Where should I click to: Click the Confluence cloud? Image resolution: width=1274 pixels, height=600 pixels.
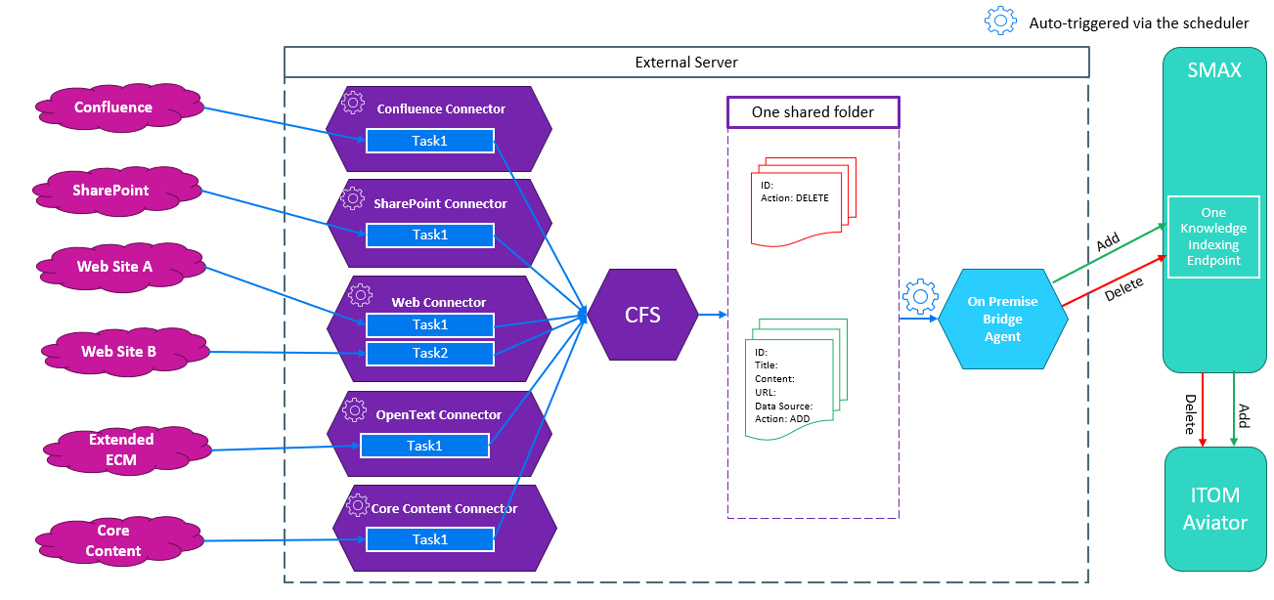pyautogui.click(x=113, y=107)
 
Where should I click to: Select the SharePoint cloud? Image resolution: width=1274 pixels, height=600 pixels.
pyautogui.click(x=110, y=191)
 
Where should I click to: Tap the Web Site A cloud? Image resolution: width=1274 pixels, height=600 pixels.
pyautogui.click(x=114, y=267)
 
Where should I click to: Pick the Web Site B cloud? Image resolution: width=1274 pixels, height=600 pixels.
pyautogui.click(x=118, y=351)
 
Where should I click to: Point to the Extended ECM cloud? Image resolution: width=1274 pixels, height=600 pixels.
pyautogui.click(x=121, y=450)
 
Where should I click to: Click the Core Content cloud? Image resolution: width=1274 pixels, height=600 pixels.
pyautogui.click(x=112, y=540)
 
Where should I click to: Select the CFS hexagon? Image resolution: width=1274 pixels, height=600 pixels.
pyautogui.click(x=642, y=316)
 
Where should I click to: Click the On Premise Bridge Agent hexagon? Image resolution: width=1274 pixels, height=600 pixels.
pyautogui.click(x=1002, y=319)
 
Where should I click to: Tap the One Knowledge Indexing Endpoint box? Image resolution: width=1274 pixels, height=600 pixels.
pyautogui.click(x=1213, y=236)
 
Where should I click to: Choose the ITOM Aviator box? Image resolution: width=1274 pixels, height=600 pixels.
pyautogui.click(x=1215, y=509)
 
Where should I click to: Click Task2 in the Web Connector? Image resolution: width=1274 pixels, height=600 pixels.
pyautogui.click(x=429, y=353)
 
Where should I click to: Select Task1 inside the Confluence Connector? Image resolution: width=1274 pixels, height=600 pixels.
pyautogui.click(x=429, y=141)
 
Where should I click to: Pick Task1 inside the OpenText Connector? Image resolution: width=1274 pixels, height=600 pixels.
pyautogui.click(x=424, y=446)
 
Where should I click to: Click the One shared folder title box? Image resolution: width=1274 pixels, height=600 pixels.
pyautogui.click(x=813, y=112)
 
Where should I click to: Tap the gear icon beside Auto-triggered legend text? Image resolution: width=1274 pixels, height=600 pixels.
pyautogui.click(x=999, y=21)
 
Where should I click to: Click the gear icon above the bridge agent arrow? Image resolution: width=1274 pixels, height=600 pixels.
pyautogui.click(x=920, y=296)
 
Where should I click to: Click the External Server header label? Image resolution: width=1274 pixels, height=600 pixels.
pyautogui.click(x=686, y=63)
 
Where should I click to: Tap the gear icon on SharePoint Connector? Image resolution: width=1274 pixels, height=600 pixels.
pyautogui.click(x=353, y=199)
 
